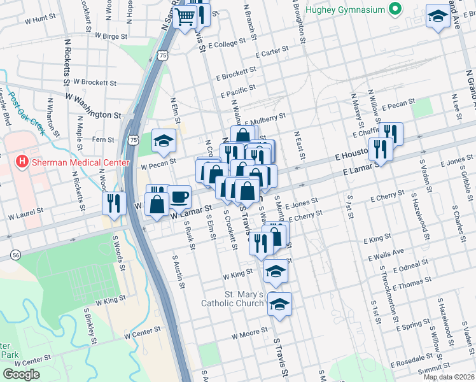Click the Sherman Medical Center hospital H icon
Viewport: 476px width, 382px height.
[22, 162]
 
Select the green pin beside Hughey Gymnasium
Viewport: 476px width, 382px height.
[395, 9]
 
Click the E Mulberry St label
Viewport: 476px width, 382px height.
[261, 120]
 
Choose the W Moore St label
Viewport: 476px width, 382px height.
[249, 334]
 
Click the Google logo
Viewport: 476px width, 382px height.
[21, 374]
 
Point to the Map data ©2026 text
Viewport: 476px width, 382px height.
[449, 377]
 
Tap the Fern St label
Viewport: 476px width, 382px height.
[102, 139]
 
